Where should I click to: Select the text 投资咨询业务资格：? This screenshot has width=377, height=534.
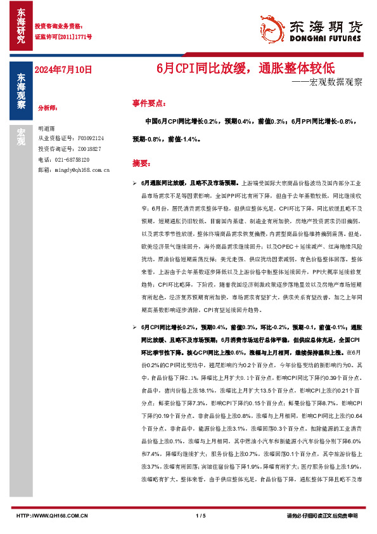click(x=59, y=26)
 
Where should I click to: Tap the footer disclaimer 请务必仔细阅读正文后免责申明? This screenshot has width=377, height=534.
click(x=323, y=517)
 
